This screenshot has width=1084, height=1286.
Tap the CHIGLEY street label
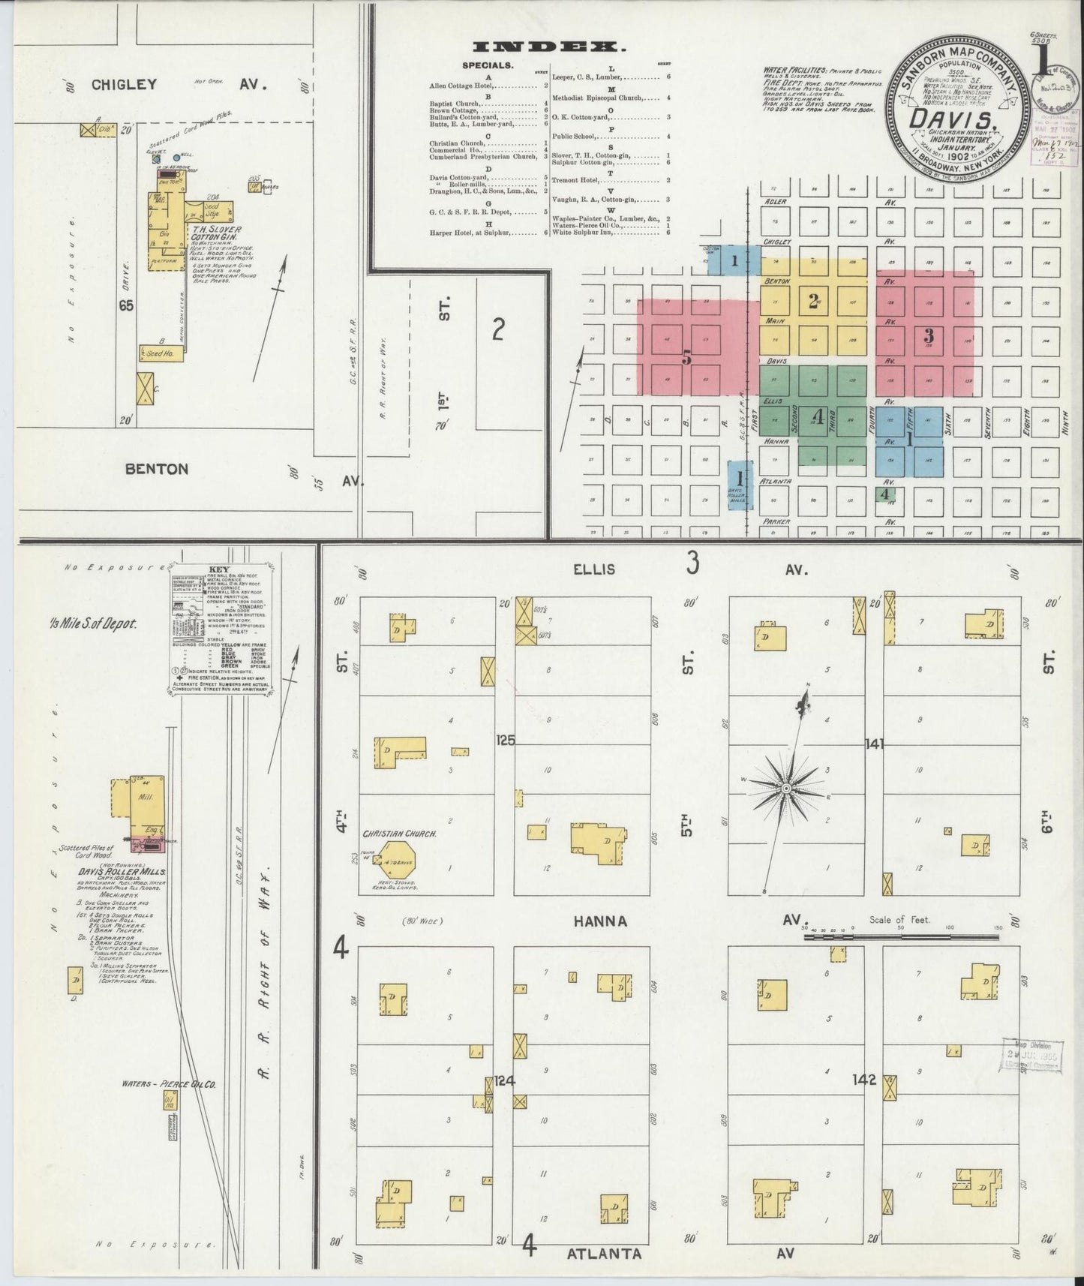(x=125, y=84)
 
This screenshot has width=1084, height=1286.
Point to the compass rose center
(x=785, y=789)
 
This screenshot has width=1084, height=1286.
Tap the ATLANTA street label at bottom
(x=604, y=1253)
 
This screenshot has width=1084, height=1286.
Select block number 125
(x=506, y=741)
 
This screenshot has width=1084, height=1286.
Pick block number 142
(x=864, y=1080)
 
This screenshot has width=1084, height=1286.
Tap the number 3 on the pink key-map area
(x=928, y=334)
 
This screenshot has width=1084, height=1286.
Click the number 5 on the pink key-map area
(x=686, y=359)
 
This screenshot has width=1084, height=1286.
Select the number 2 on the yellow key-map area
(x=812, y=302)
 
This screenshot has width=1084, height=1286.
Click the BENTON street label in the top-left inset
(x=157, y=469)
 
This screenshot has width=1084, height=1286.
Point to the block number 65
(x=125, y=305)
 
